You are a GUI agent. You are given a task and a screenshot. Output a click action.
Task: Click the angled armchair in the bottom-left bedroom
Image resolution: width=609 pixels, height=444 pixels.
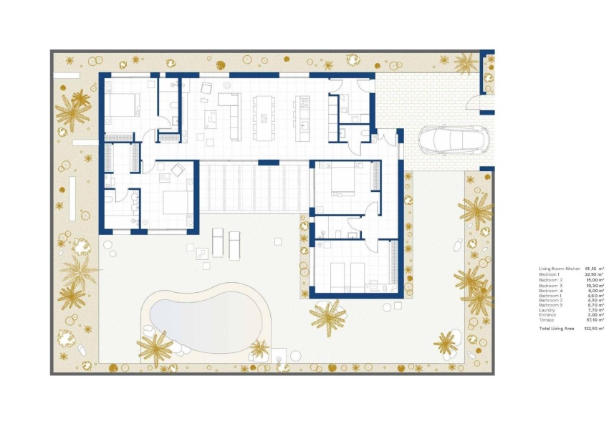pos(176,170)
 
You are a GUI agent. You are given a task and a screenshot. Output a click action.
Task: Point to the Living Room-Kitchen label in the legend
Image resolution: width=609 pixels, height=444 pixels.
pos(560,269)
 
